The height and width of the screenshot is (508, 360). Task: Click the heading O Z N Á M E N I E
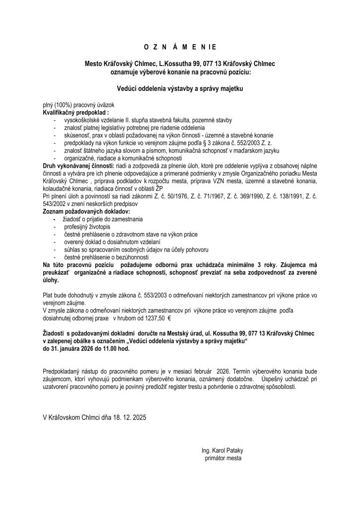click(x=180, y=47)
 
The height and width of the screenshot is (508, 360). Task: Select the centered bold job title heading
click(x=180, y=89)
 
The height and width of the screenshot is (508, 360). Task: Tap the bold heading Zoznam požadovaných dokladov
click(x=81, y=211)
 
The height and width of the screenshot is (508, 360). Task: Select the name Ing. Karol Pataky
click(x=222, y=450)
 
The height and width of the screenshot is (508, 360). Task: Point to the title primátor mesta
click(x=223, y=458)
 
